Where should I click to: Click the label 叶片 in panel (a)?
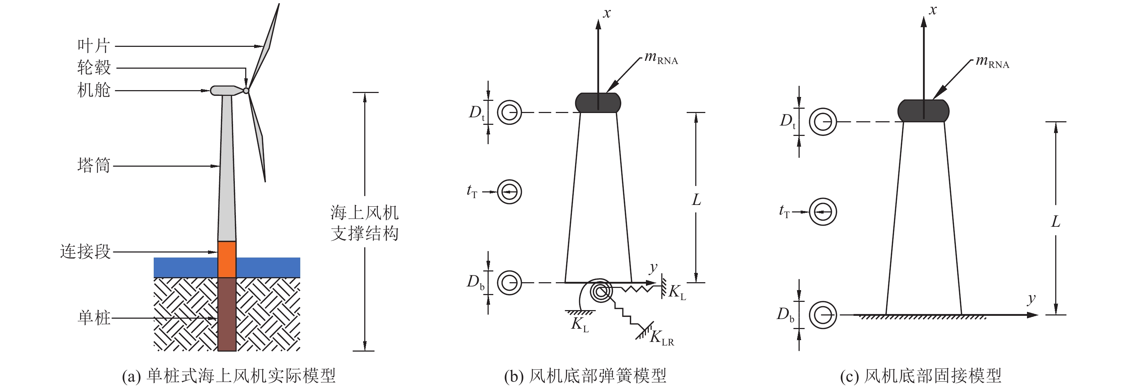[x=94, y=45]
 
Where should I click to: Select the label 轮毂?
[x=94, y=68]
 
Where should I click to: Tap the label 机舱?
[x=94, y=90]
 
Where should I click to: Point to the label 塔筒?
[x=94, y=166]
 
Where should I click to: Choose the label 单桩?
[x=94, y=318]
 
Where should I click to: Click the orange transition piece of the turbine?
[x=227, y=259]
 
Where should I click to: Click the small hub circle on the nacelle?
[x=246, y=90]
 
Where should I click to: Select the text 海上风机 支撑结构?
[x=365, y=223]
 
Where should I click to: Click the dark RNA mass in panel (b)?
[x=598, y=103]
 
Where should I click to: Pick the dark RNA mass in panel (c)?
[x=923, y=111]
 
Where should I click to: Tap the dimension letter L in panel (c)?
[x=1056, y=222]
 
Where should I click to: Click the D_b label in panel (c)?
[x=785, y=315]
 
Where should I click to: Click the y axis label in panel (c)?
[x=1031, y=299]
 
